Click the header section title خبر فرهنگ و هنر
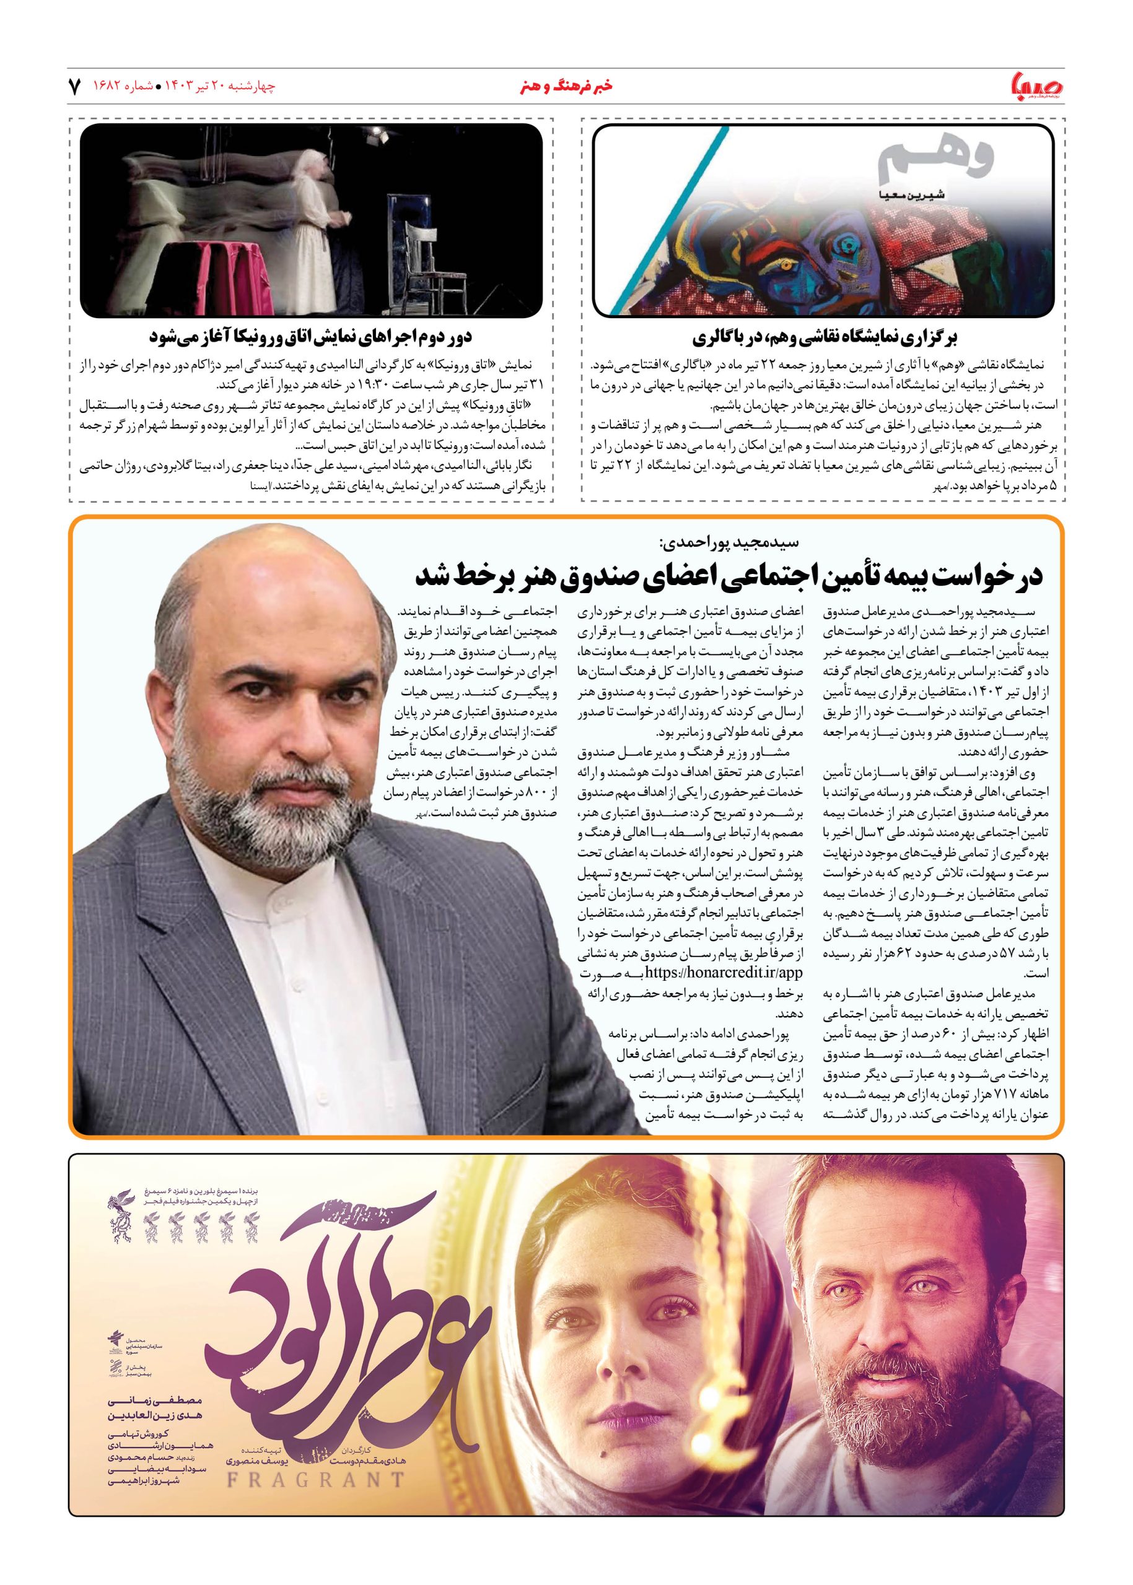[566, 87]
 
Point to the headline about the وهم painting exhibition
[825, 338]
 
